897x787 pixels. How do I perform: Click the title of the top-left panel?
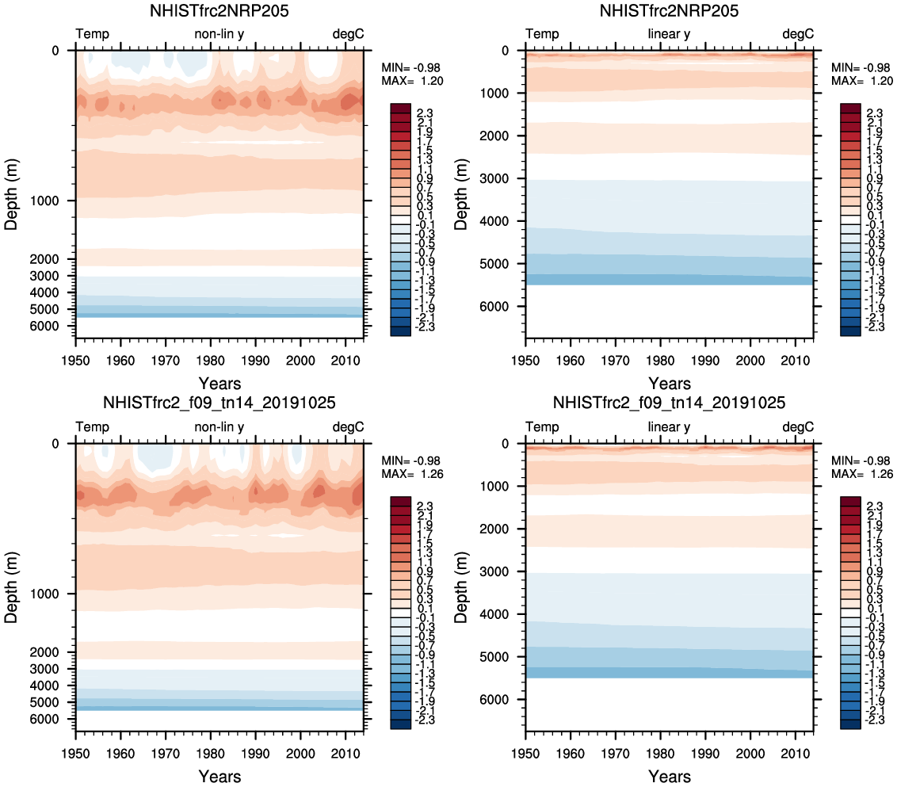(219, 12)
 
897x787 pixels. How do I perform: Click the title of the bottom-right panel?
(669, 403)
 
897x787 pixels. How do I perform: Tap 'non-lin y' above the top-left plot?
(219, 34)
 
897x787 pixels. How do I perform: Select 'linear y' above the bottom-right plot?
(669, 427)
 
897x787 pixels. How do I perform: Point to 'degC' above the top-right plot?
(798, 34)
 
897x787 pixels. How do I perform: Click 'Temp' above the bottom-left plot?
(93, 427)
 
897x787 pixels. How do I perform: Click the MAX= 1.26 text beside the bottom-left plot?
(412, 475)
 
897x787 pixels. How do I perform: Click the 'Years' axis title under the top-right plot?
(669, 384)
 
